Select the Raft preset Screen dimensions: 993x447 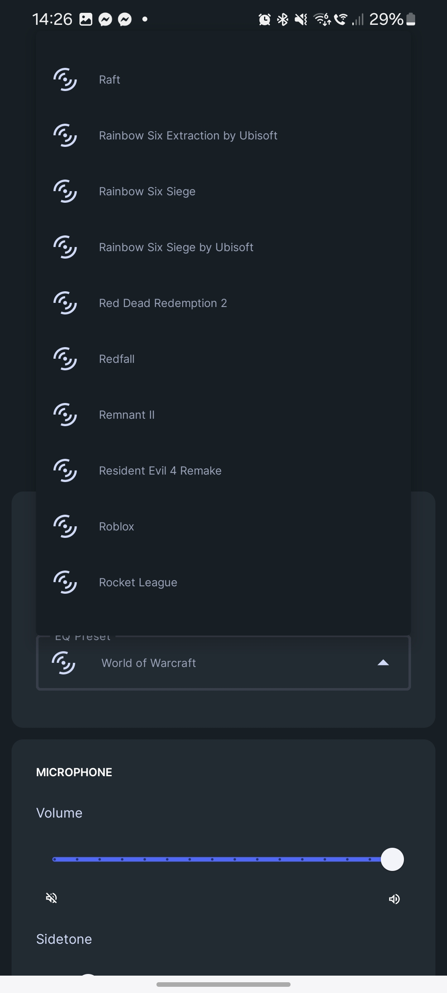pos(110,79)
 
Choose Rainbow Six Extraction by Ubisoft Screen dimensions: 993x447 pos(188,136)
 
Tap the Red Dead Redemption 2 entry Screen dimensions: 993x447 pos(163,303)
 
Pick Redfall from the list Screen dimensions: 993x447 pos(117,359)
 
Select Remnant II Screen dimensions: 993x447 pos(127,415)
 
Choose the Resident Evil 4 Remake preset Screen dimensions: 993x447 pos(160,471)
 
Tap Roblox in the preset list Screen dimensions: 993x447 pos(116,527)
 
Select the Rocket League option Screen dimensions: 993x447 pos(138,583)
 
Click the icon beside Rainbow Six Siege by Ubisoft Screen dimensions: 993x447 pos(65,247)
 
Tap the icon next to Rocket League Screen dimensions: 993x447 pos(65,582)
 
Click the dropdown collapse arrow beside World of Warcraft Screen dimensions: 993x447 pos(383,663)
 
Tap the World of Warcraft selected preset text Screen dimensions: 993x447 pos(149,663)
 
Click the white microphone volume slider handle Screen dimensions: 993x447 pos(392,859)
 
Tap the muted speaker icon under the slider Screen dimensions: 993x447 pos(52,898)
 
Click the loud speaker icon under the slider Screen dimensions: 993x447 pos(394,899)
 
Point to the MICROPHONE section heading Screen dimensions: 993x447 pos(74,772)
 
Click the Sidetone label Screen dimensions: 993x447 pos(64,939)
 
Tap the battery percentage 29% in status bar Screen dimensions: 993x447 pos(386,19)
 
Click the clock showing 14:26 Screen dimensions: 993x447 pos(52,19)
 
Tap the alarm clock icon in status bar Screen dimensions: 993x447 pos(264,19)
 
